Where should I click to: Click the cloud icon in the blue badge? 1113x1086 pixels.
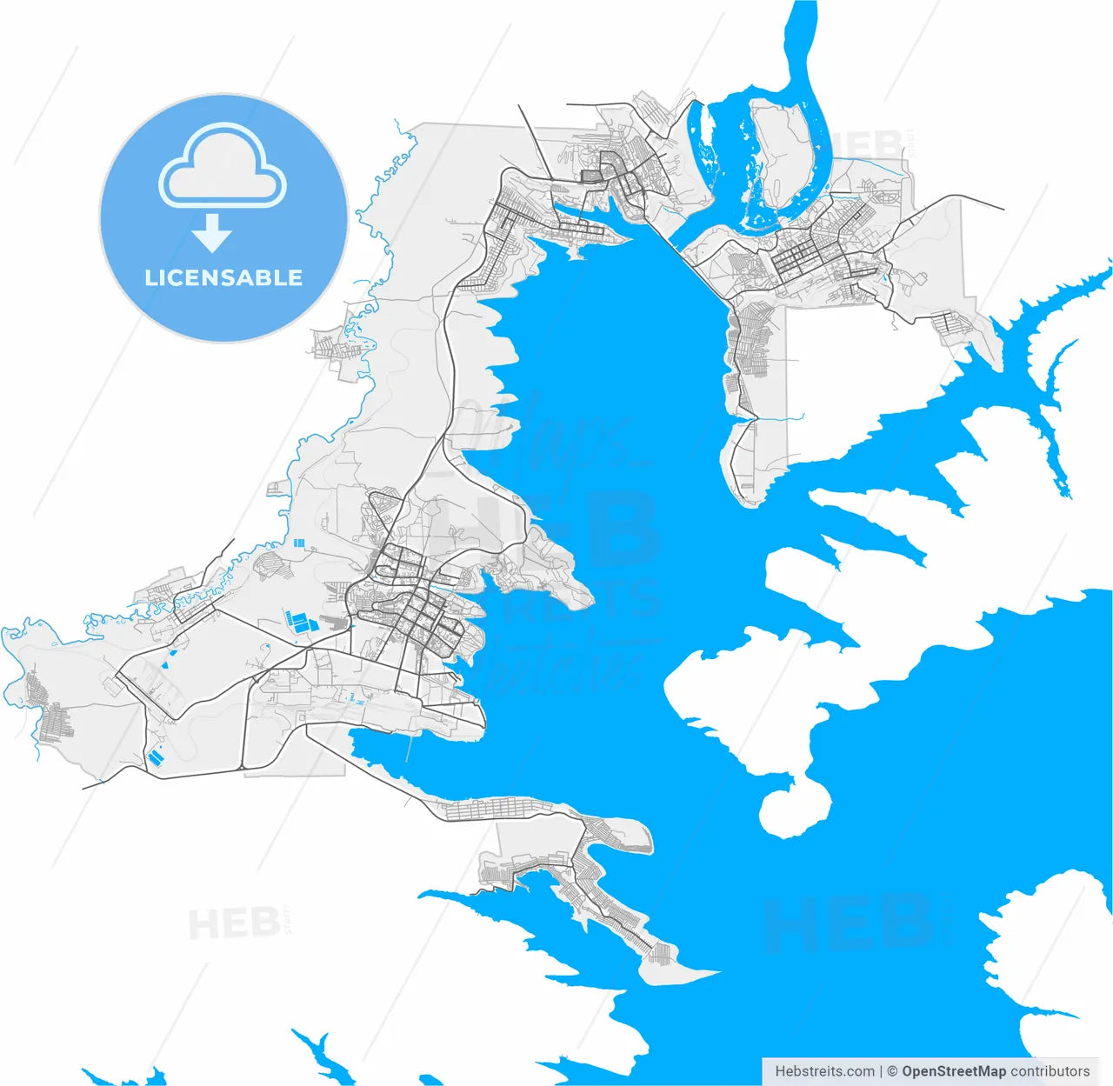click(x=223, y=169)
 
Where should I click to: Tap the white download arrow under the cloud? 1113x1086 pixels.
click(x=211, y=233)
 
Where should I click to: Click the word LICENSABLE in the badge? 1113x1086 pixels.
click(x=223, y=278)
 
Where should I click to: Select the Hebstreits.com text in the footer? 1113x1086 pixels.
click(x=824, y=1071)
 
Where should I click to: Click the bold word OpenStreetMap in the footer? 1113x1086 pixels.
click(x=954, y=1071)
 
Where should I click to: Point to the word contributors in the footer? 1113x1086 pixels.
click(x=1050, y=1071)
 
